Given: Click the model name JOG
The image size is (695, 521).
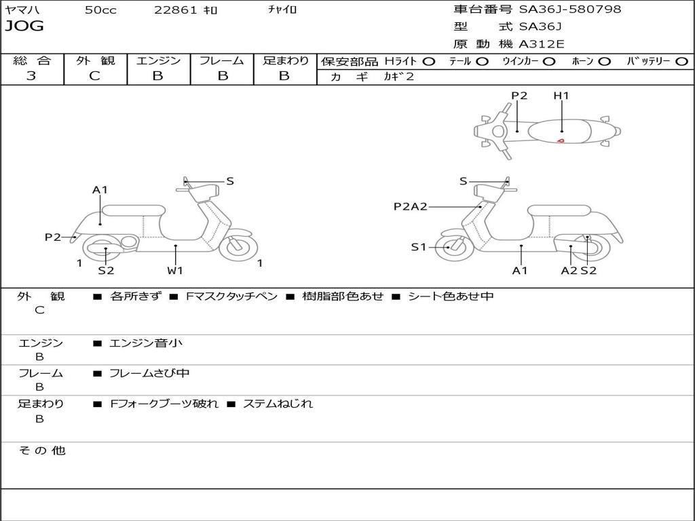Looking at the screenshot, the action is tap(24, 26).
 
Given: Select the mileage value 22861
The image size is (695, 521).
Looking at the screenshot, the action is tap(175, 10).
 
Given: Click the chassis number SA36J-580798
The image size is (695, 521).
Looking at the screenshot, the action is tap(570, 9).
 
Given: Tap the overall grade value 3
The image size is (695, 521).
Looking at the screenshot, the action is tap(31, 76).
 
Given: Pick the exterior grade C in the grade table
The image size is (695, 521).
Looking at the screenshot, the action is tap(95, 76).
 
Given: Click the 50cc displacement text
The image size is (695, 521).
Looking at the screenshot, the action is tap(100, 10).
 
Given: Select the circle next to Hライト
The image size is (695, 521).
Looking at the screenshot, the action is tap(429, 62).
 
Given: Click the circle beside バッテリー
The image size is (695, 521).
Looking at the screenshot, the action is tap(682, 62).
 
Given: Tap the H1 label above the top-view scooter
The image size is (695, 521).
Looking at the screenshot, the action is tap(561, 96).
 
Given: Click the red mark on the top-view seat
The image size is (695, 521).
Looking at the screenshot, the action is tap(561, 140).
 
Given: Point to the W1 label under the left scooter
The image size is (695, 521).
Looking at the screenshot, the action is tap(175, 271).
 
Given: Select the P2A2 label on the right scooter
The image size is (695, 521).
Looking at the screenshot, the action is tap(411, 206).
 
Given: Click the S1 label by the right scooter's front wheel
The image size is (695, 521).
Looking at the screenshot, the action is tap(419, 247).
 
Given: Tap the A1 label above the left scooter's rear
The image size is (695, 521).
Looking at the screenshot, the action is tap(100, 190).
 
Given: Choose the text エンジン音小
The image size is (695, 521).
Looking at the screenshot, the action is tap(146, 343).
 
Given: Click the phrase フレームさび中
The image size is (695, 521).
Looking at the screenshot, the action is tap(149, 373).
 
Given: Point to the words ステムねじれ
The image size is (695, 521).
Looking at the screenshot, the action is tap(278, 404).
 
